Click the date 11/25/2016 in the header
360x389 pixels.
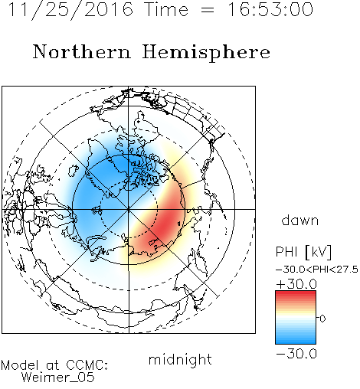click(70, 10)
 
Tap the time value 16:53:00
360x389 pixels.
click(270, 10)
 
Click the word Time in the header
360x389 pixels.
click(166, 10)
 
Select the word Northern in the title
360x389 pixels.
click(82, 51)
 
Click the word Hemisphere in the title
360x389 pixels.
click(206, 53)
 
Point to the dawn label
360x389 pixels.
click(300, 220)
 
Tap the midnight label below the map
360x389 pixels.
click(180, 359)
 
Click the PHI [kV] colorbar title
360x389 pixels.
click(303, 252)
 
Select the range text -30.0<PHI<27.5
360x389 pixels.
click(317, 270)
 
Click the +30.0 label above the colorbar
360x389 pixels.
click(296, 284)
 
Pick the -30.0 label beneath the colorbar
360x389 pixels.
click(296, 354)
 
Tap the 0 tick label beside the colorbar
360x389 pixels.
click(322, 319)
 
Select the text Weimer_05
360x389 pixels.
click(58, 378)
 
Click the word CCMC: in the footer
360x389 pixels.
click(87, 365)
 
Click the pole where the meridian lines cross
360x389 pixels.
click(129, 209)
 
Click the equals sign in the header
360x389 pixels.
click(208, 10)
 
